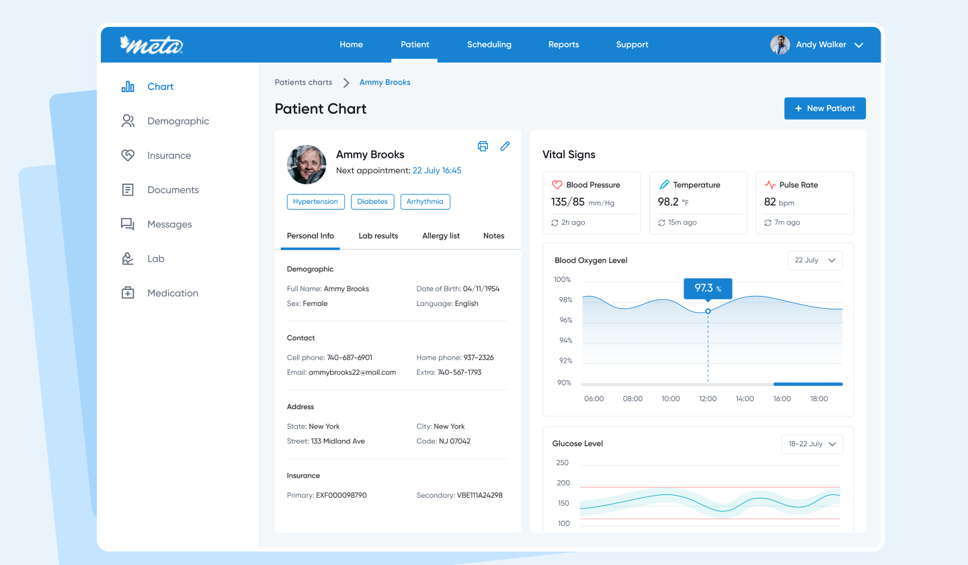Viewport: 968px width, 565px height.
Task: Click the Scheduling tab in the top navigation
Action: [x=489, y=44]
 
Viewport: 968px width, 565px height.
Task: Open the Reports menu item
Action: [x=563, y=44]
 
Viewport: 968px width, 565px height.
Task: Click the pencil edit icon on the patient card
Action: [x=505, y=146]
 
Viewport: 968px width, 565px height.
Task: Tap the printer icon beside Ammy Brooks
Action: [x=483, y=146]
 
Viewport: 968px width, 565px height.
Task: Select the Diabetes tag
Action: [x=372, y=201]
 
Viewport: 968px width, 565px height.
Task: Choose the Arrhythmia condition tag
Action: [x=425, y=201]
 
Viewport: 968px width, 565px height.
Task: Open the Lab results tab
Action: [x=378, y=235]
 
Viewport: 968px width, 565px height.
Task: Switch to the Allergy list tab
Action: [x=441, y=235]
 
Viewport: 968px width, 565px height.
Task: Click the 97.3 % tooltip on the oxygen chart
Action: [x=708, y=289]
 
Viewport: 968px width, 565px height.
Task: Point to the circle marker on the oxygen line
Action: [x=708, y=311]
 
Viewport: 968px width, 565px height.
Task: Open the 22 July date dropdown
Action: [x=815, y=260]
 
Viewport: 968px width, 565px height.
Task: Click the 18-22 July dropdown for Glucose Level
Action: [x=812, y=444]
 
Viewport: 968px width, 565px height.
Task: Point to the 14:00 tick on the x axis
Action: [x=745, y=399]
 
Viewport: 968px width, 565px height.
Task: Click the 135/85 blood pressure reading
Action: [x=567, y=202]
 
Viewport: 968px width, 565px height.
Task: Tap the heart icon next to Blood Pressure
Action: [x=557, y=184]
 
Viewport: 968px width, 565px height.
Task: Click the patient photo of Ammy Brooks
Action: [x=307, y=164]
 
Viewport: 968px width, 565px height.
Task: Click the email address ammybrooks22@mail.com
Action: [x=352, y=372]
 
